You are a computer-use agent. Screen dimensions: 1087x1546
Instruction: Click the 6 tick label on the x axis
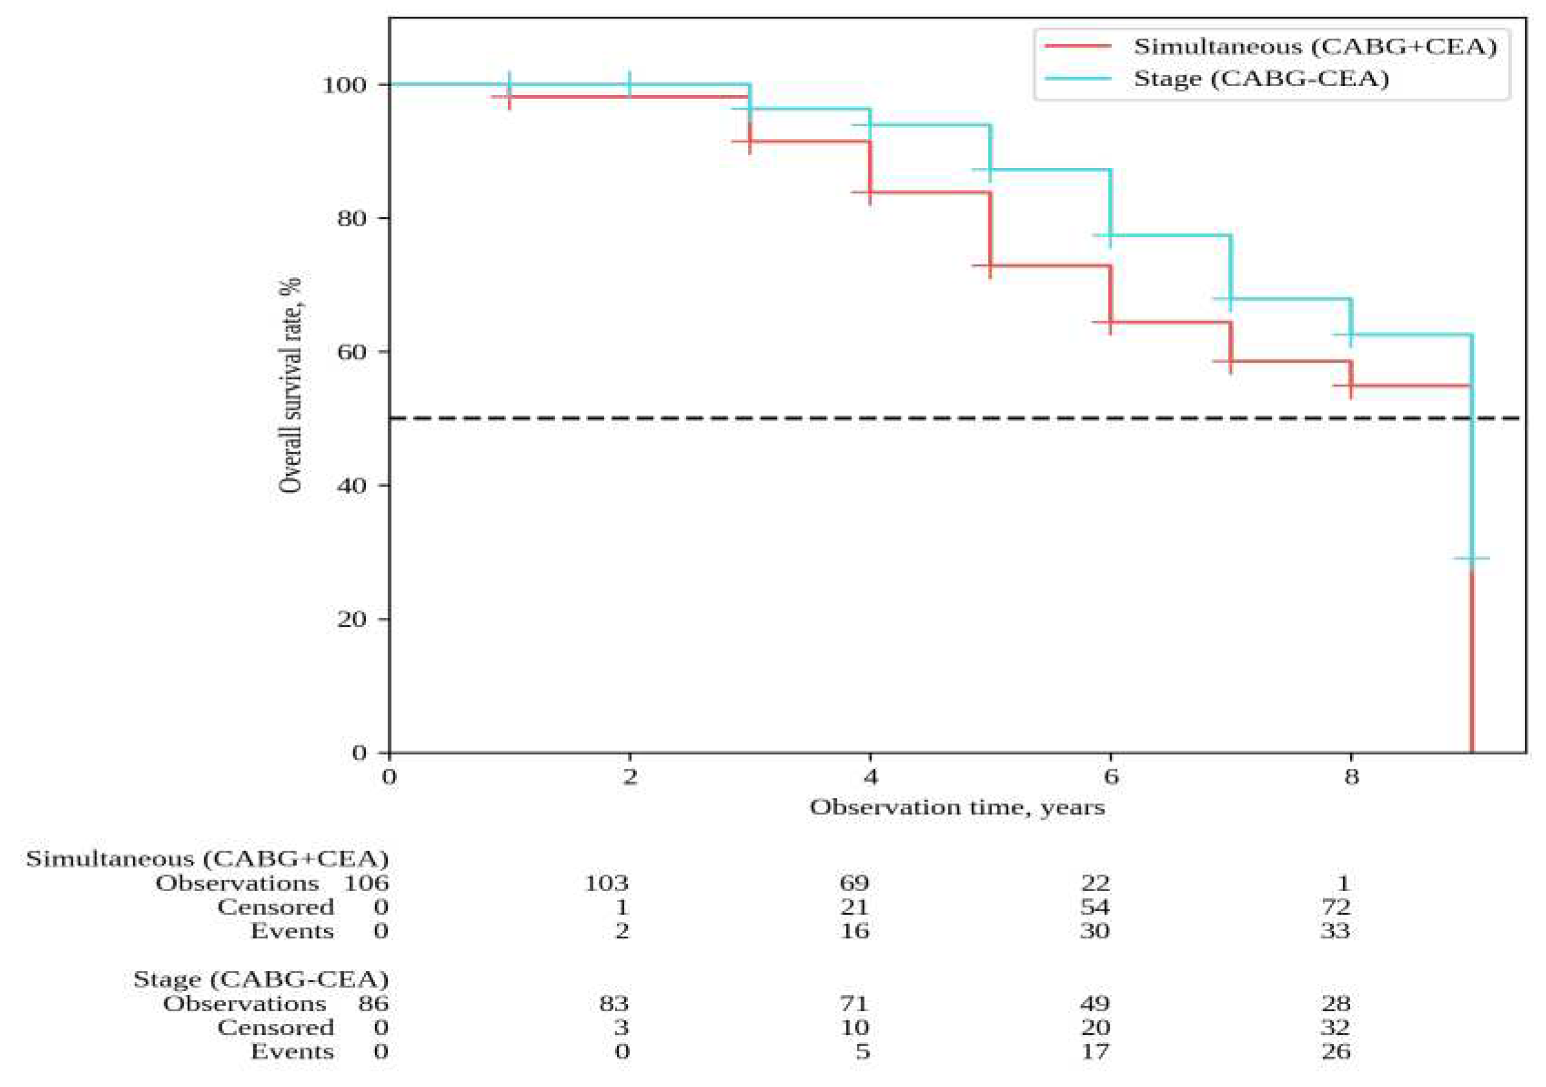tap(1110, 777)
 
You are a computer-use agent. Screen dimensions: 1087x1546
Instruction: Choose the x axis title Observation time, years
tap(957, 808)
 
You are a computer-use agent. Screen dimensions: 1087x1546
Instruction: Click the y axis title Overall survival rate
tap(290, 384)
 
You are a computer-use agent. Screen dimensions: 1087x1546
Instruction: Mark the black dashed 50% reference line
tap(673, 418)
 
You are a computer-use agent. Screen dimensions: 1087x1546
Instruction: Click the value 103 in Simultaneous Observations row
tap(606, 883)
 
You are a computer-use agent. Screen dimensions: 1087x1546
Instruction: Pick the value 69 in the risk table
tap(854, 883)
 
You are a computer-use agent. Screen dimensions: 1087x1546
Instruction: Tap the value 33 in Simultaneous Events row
tap(1335, 931)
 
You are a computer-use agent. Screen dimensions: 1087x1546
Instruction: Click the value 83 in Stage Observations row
tap(613, 1004)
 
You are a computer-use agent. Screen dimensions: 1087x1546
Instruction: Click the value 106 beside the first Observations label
tap(366, 883)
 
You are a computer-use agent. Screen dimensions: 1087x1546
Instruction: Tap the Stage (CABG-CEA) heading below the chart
tap(261, 979)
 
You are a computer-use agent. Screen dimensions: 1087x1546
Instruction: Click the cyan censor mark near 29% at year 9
tap(1472, 558)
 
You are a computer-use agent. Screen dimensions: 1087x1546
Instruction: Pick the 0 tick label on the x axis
tap(389, 777)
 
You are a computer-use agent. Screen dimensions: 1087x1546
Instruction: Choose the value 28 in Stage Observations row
tap(1335, 1004)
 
